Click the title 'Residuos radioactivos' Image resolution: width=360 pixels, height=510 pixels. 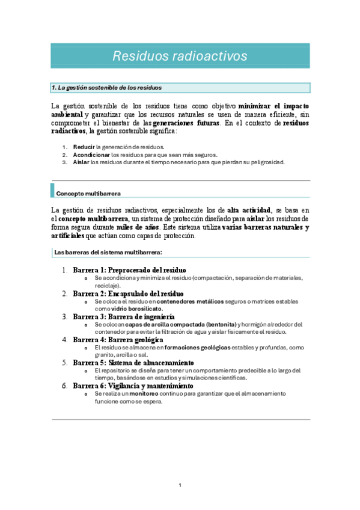coord(180,56)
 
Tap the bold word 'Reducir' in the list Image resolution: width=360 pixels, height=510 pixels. coord(84,147)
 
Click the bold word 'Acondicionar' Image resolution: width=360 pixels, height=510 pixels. coord(91,155)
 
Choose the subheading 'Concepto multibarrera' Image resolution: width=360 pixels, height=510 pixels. coord(88,194)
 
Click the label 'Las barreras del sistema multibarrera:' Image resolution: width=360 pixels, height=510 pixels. coord(108,253)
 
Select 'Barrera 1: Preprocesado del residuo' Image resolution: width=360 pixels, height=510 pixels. coord(129,270)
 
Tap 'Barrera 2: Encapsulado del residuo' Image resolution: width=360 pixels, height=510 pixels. coord(129,293)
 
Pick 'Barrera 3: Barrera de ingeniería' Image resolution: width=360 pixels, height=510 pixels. coord(124,316)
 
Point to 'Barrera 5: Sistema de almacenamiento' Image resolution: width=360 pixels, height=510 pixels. coord(133,363)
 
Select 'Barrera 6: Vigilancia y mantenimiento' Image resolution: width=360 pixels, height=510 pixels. coord(133,386)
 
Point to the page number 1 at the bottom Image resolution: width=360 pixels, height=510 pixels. coord(180,485)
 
